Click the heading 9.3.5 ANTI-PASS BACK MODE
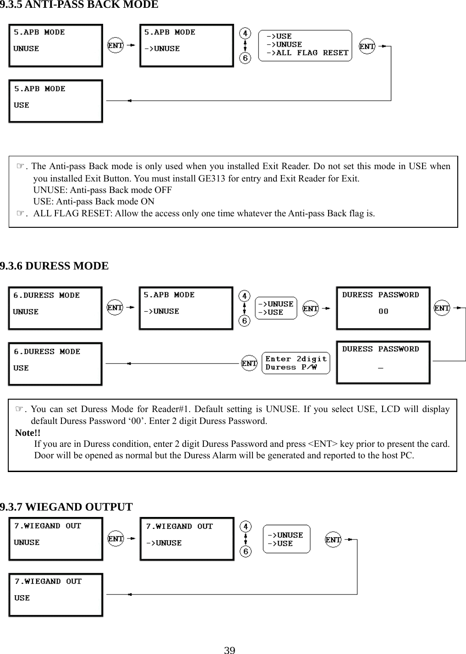coord(79,5)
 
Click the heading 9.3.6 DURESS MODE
coord(54,266)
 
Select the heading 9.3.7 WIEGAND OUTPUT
coord(66,507)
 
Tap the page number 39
coord(230,649)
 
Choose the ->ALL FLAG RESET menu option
coord(307,53)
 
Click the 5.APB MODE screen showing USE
coord(55,101)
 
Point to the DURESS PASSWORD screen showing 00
coord(383,308)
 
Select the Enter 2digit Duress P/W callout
coord(296,363)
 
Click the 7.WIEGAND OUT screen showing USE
coord(56,594)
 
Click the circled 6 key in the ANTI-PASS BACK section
coord(246,58)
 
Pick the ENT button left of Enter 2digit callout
coord(249,363)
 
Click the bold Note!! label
coord(28,433)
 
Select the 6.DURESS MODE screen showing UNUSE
coord(55,308)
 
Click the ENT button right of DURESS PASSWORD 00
coord(442,308)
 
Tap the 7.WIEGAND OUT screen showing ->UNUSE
coord(187,539)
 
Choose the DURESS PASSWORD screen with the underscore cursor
coord(383,362)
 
